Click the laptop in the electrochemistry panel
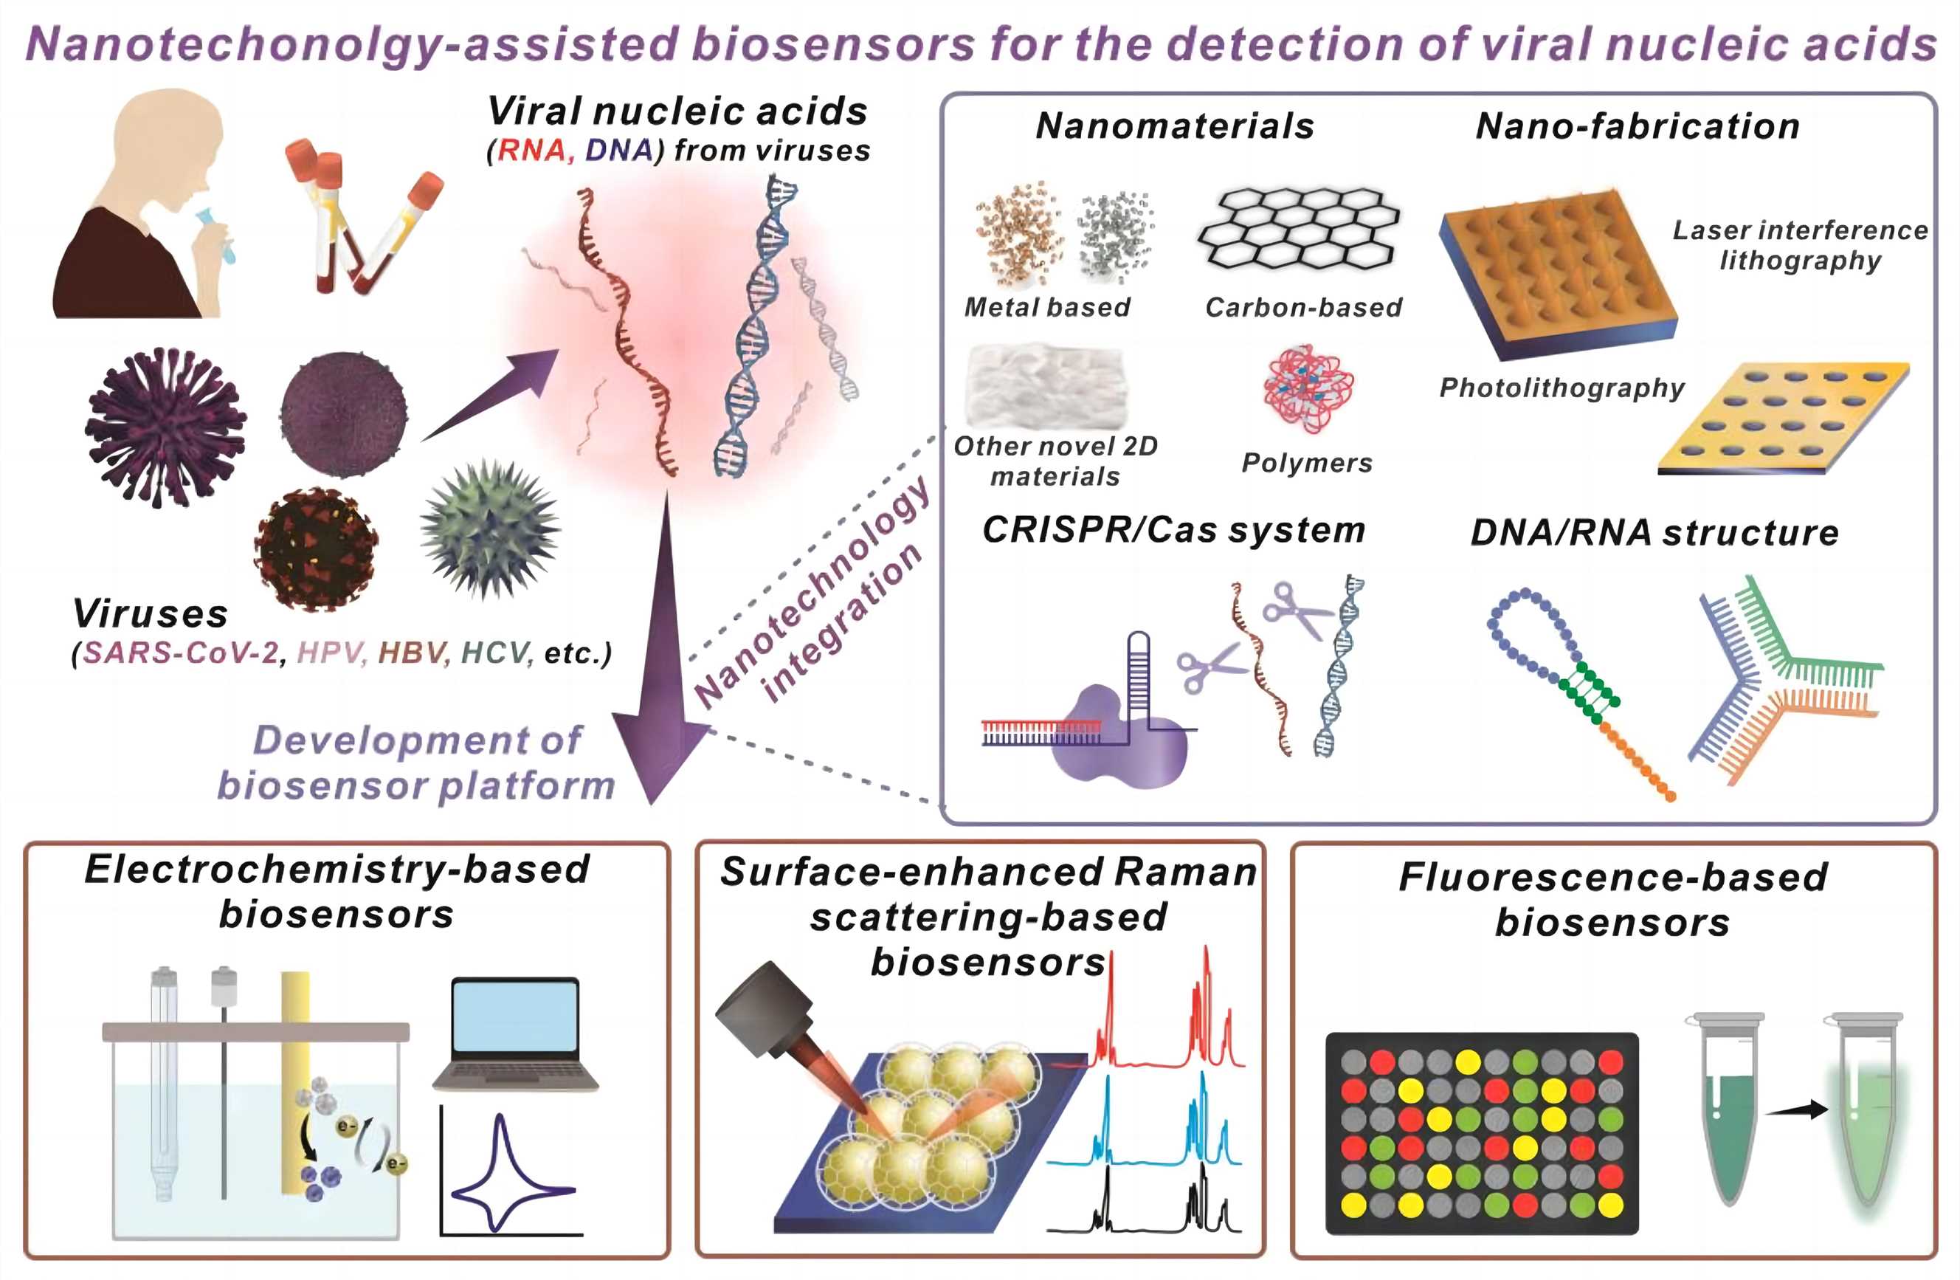coord(514,1033)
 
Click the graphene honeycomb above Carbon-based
coord(1299,228)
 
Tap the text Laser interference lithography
coord(1799,244)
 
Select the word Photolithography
coord(1562,387)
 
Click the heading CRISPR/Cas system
coord(1173,529)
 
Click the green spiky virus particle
coord(491,528)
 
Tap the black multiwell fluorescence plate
coord(1481,1132)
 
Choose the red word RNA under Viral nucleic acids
coord(531,150)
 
